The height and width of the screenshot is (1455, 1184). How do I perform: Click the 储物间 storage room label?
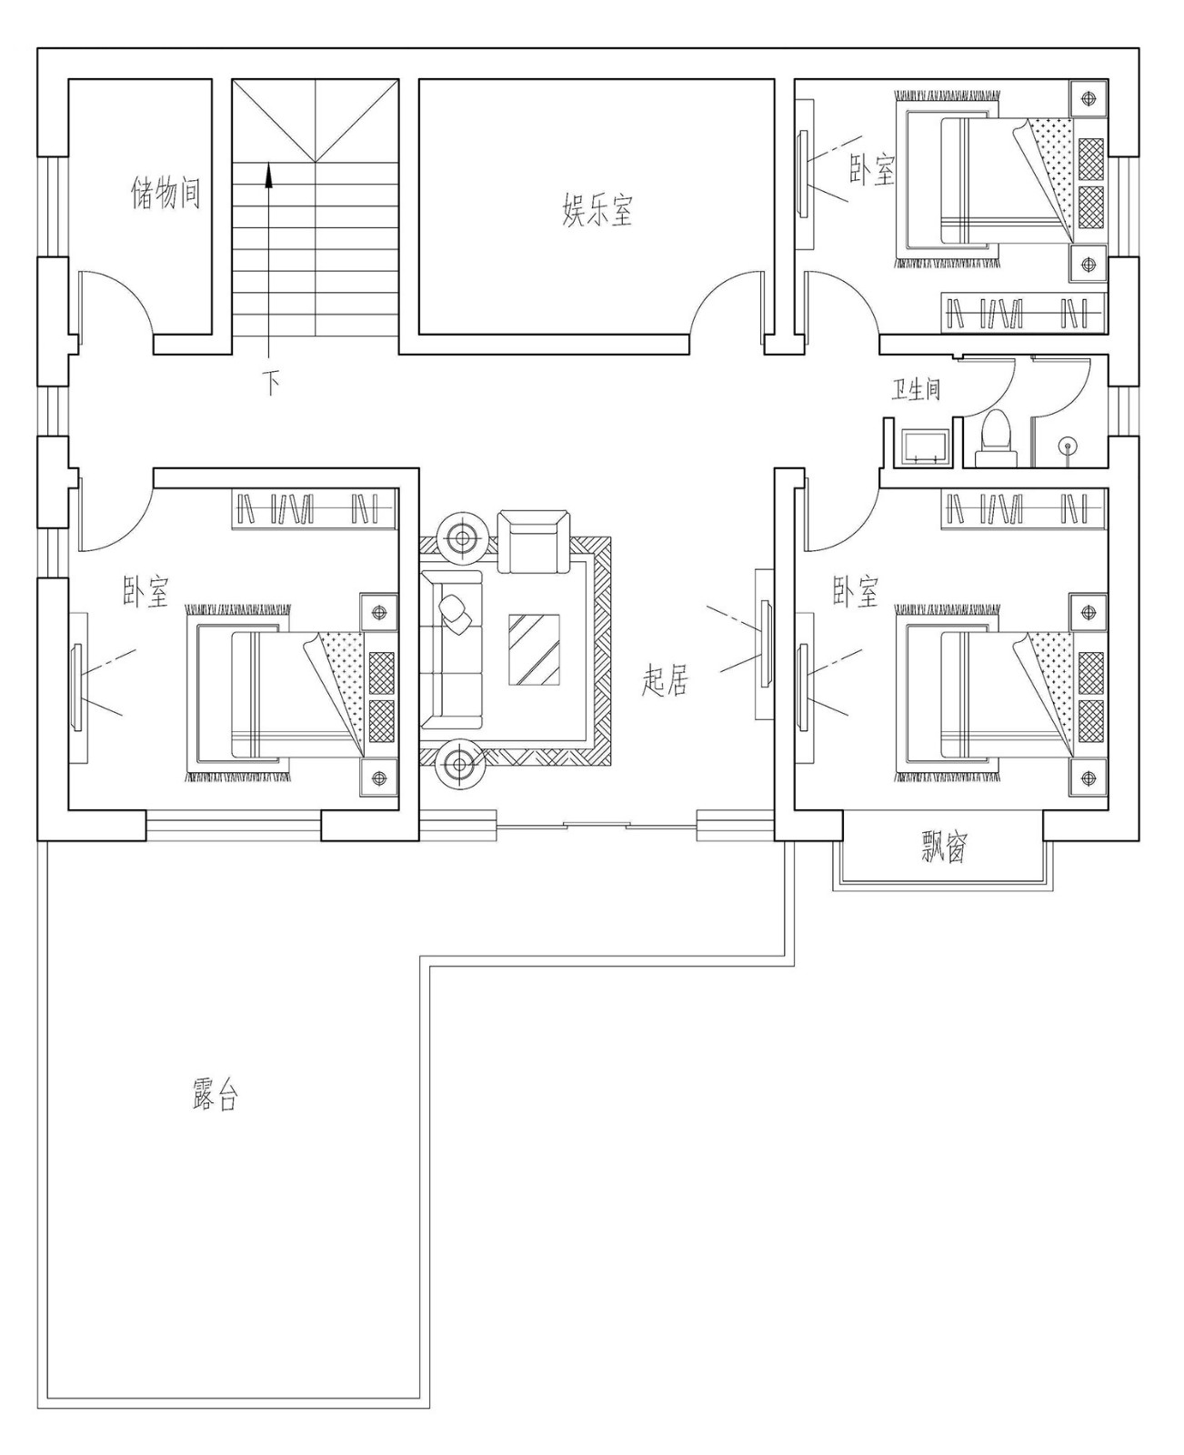pyautogui.click(x=166, y=194)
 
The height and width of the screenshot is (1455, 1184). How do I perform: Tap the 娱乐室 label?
pyautogui.click(x=597, y=209)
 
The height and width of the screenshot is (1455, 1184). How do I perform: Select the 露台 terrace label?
pyautogui.click(x=216, y=1096)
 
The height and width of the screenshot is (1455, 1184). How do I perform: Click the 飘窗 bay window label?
pyautogui.click(x=942, y=848)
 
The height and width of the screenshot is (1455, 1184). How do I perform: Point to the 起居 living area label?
pyautogui.click(x=665, y=679)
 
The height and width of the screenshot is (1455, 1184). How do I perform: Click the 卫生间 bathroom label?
pyautogui.click(x=915, y=389)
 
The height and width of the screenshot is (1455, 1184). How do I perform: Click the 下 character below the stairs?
pyautogui.click(x=271, y=382)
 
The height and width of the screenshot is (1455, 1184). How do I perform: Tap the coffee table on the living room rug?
pyautogui.click(x=535, y=649)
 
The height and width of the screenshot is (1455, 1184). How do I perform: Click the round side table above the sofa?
pyautogui.click(x=463, y=538)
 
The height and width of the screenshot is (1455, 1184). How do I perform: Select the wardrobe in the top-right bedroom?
pyautogui.click(x=1023, y=312)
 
